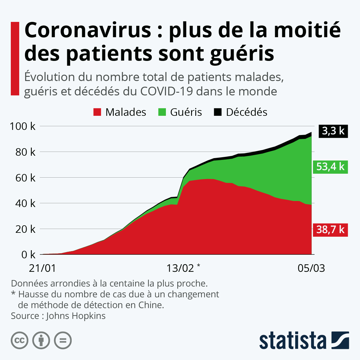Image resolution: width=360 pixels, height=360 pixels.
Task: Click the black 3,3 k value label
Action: point(333,131)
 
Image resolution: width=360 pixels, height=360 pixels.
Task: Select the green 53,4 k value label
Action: point(330,166)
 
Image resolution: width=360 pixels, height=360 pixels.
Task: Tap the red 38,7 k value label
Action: point(330,229)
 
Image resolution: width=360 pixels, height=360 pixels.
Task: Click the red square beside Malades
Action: point(97,112)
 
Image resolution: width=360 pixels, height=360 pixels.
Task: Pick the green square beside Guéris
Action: point(162,112)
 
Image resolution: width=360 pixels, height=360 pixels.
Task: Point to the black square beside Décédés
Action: point(218,112)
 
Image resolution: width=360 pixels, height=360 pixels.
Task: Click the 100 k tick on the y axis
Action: point(22,126)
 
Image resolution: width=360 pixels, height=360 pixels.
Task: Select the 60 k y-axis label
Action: point(25,178)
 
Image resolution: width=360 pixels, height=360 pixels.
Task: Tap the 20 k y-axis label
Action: point(25,229)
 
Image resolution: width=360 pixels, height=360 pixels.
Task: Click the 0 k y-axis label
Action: point(28,255)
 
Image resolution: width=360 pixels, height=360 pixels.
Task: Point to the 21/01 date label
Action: point(43,268)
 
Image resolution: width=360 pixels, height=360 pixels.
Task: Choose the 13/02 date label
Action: point(180,268)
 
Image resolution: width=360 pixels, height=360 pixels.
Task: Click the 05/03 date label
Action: point(311,268)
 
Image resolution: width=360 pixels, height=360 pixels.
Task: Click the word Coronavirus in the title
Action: point(88,30)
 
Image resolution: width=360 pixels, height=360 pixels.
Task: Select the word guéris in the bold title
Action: point(242,53)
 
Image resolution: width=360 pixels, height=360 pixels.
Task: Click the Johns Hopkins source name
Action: point(76,316)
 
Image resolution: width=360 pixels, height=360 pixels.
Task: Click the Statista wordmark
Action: point(293,340)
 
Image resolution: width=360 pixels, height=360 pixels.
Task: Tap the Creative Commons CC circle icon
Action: point(20,340)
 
